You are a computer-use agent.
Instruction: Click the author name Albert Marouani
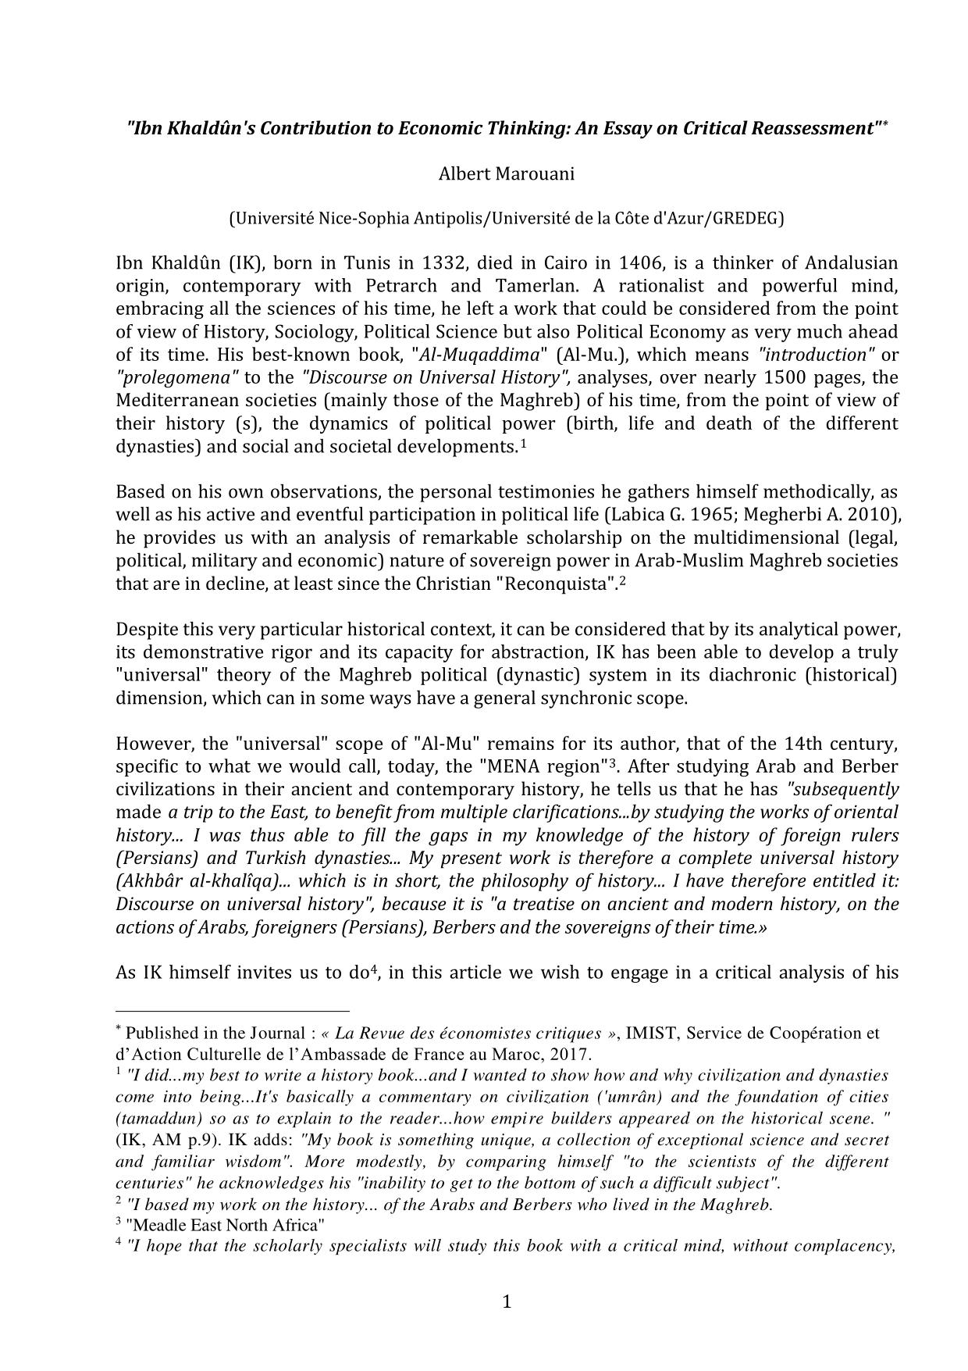506,173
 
